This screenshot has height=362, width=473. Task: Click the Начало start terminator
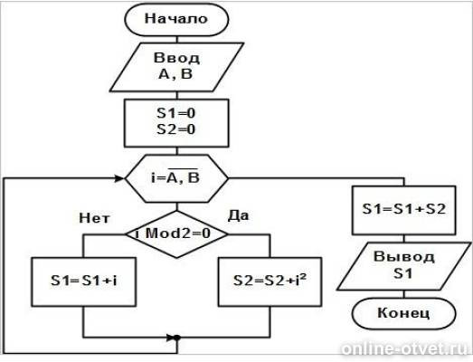[176, 19]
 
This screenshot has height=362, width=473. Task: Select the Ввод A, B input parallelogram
[176, 67]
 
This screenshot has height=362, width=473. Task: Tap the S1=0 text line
[176, 113]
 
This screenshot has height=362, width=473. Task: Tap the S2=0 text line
[176, 129]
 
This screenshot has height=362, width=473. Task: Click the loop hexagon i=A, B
[176, 178]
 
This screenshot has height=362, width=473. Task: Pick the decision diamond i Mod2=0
[176, 234]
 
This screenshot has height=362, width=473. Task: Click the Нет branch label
[95, 218]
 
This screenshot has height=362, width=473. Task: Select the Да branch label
[239, 215]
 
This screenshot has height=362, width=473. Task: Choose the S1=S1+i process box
[84, 281]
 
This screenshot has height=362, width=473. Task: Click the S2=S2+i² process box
[270, 281]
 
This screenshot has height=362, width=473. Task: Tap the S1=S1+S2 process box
[404, 210]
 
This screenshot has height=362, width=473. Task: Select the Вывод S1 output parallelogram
[404, 266]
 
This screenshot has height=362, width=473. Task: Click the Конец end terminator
[404, 313]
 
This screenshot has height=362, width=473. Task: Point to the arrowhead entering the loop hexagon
[120, 178]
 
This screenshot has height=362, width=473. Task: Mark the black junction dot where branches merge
[177, 338]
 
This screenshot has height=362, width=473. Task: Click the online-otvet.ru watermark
[405, 349]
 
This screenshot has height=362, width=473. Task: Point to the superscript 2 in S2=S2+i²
[304, 277]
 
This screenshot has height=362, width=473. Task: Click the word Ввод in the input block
[176, 58]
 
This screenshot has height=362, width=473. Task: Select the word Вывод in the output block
[404, 257]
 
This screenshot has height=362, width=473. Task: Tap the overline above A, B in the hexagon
[183, 168]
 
